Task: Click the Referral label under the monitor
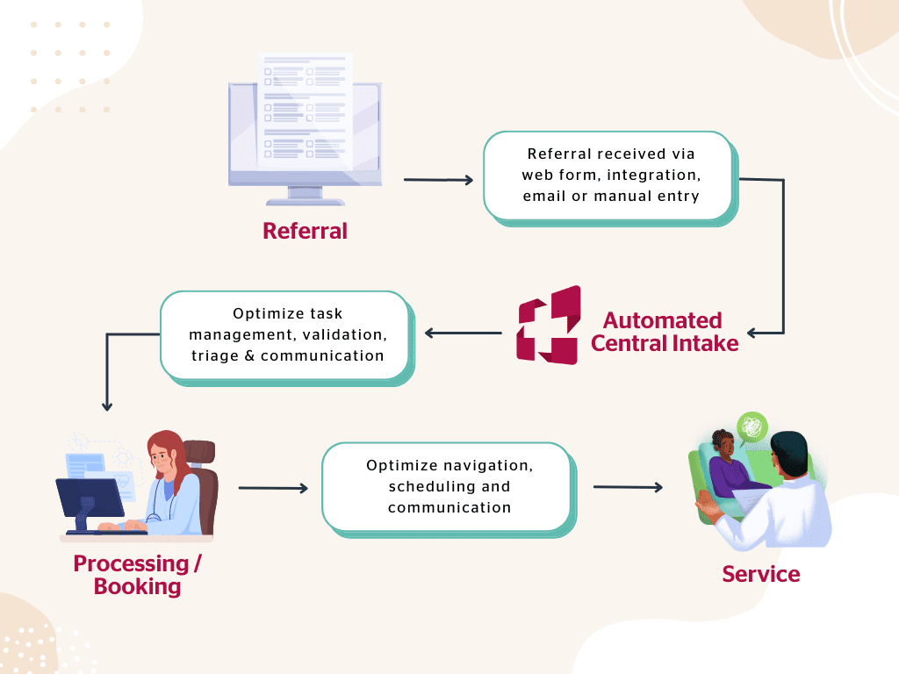(x=305, y=231)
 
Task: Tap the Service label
(x=760, y=575)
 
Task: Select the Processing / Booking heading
(x=137, y=575)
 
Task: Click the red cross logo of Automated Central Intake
(x=549, y=325)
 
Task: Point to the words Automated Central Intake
(x=664, y=331)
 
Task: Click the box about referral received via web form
(x=609, y=176)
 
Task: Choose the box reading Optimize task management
(x=286, y=335)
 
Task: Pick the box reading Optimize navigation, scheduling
(x=448, y=486)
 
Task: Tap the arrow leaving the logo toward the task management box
(x=463, y=333)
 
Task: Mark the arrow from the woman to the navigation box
(x=273, y=488)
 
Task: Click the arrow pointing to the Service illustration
(x=628, y=487)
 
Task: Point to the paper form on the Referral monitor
(x=304, y=109)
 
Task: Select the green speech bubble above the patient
(x=752, y=427)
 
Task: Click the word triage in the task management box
(x=212, y=355)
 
